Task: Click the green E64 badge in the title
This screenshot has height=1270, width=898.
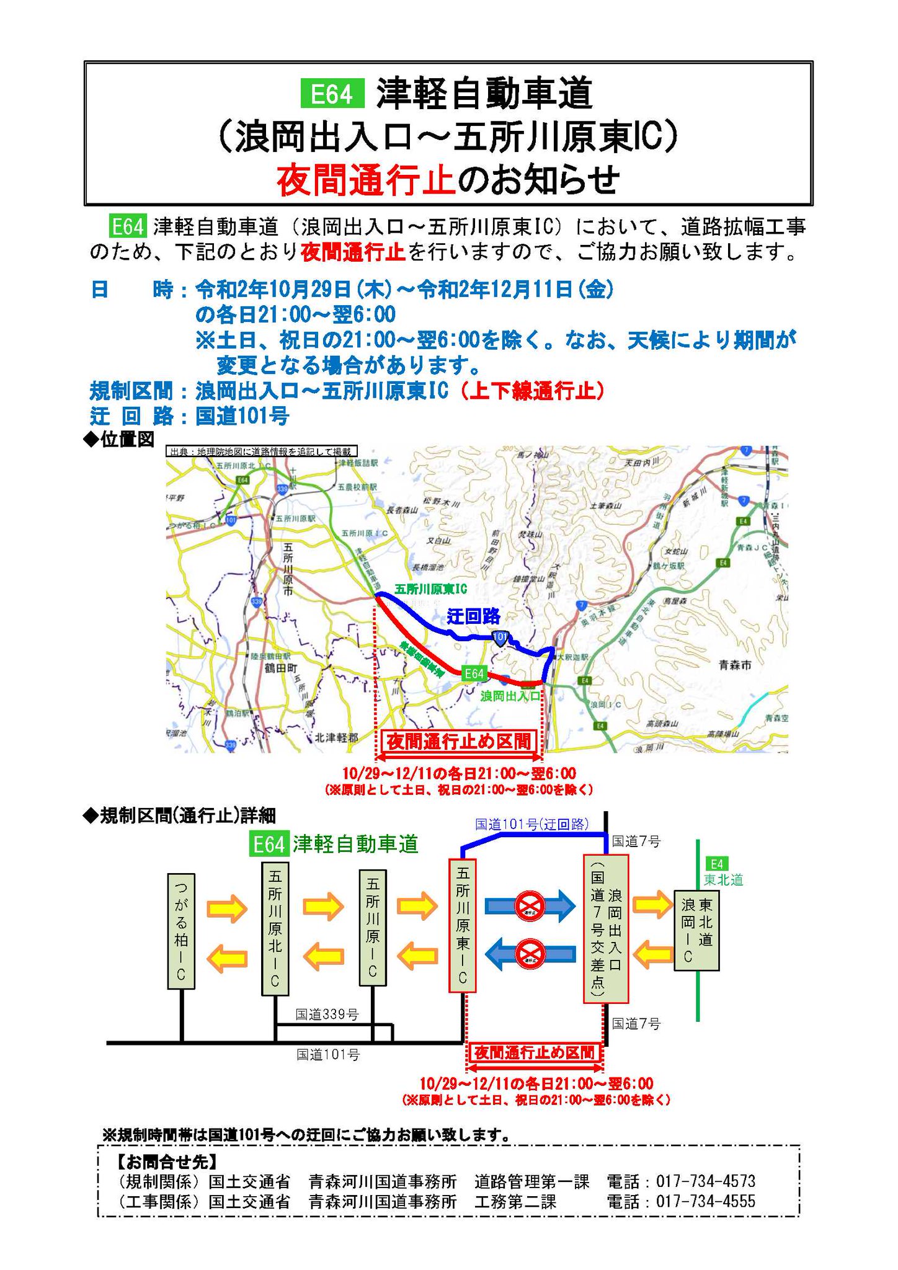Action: pos(332,94)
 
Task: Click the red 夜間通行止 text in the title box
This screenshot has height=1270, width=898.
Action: pos(365,180)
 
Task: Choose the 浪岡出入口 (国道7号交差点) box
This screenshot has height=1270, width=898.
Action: pos(605,928)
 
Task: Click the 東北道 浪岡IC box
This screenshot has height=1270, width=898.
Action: pos(696,930)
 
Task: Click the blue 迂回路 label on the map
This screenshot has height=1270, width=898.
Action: pos(474,616)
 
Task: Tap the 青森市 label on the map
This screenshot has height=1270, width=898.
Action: pos(735,665)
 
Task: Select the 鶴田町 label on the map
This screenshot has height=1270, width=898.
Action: pos(281,668)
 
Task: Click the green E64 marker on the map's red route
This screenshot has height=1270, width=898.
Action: pos(474,673)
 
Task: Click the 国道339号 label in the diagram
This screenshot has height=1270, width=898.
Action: pos(327,1015)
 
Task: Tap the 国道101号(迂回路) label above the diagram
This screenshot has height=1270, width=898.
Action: pos(532,824)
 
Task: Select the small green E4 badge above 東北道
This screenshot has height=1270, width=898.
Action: pos(716,864)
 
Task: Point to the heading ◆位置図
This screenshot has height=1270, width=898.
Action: pos(118,439)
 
